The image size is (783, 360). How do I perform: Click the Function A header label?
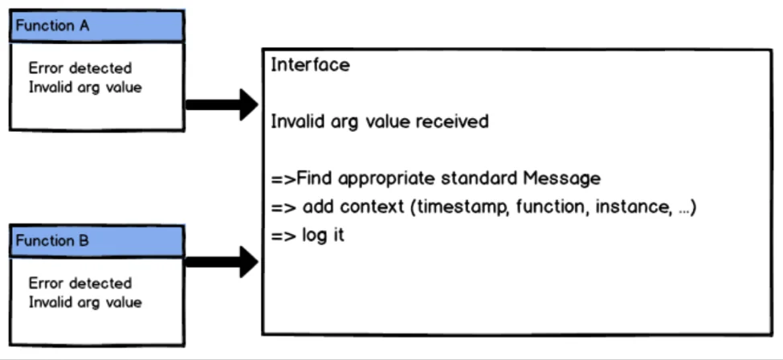pos(52,26)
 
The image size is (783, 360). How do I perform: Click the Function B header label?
pos(52,240)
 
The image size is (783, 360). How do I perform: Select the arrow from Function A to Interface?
pos(222,104)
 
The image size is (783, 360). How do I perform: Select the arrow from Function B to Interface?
pos(222,261)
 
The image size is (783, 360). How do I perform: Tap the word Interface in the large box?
pos(310,64)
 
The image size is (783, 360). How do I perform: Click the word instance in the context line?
pos(634,207)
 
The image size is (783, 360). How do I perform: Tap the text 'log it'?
pos(323,235)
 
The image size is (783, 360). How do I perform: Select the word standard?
pos(479,178)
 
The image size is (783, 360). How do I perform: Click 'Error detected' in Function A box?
pos(80,68)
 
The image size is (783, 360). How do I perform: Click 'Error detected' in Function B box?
pos(80,283)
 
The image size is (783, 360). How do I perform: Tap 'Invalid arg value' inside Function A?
pos(85,87)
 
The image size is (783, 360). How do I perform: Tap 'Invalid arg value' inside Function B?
pos(85,302)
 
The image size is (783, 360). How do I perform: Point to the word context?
pos(372,207)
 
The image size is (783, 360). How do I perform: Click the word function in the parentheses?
pos(549,207)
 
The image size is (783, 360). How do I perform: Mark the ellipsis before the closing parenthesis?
pos(684,211)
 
